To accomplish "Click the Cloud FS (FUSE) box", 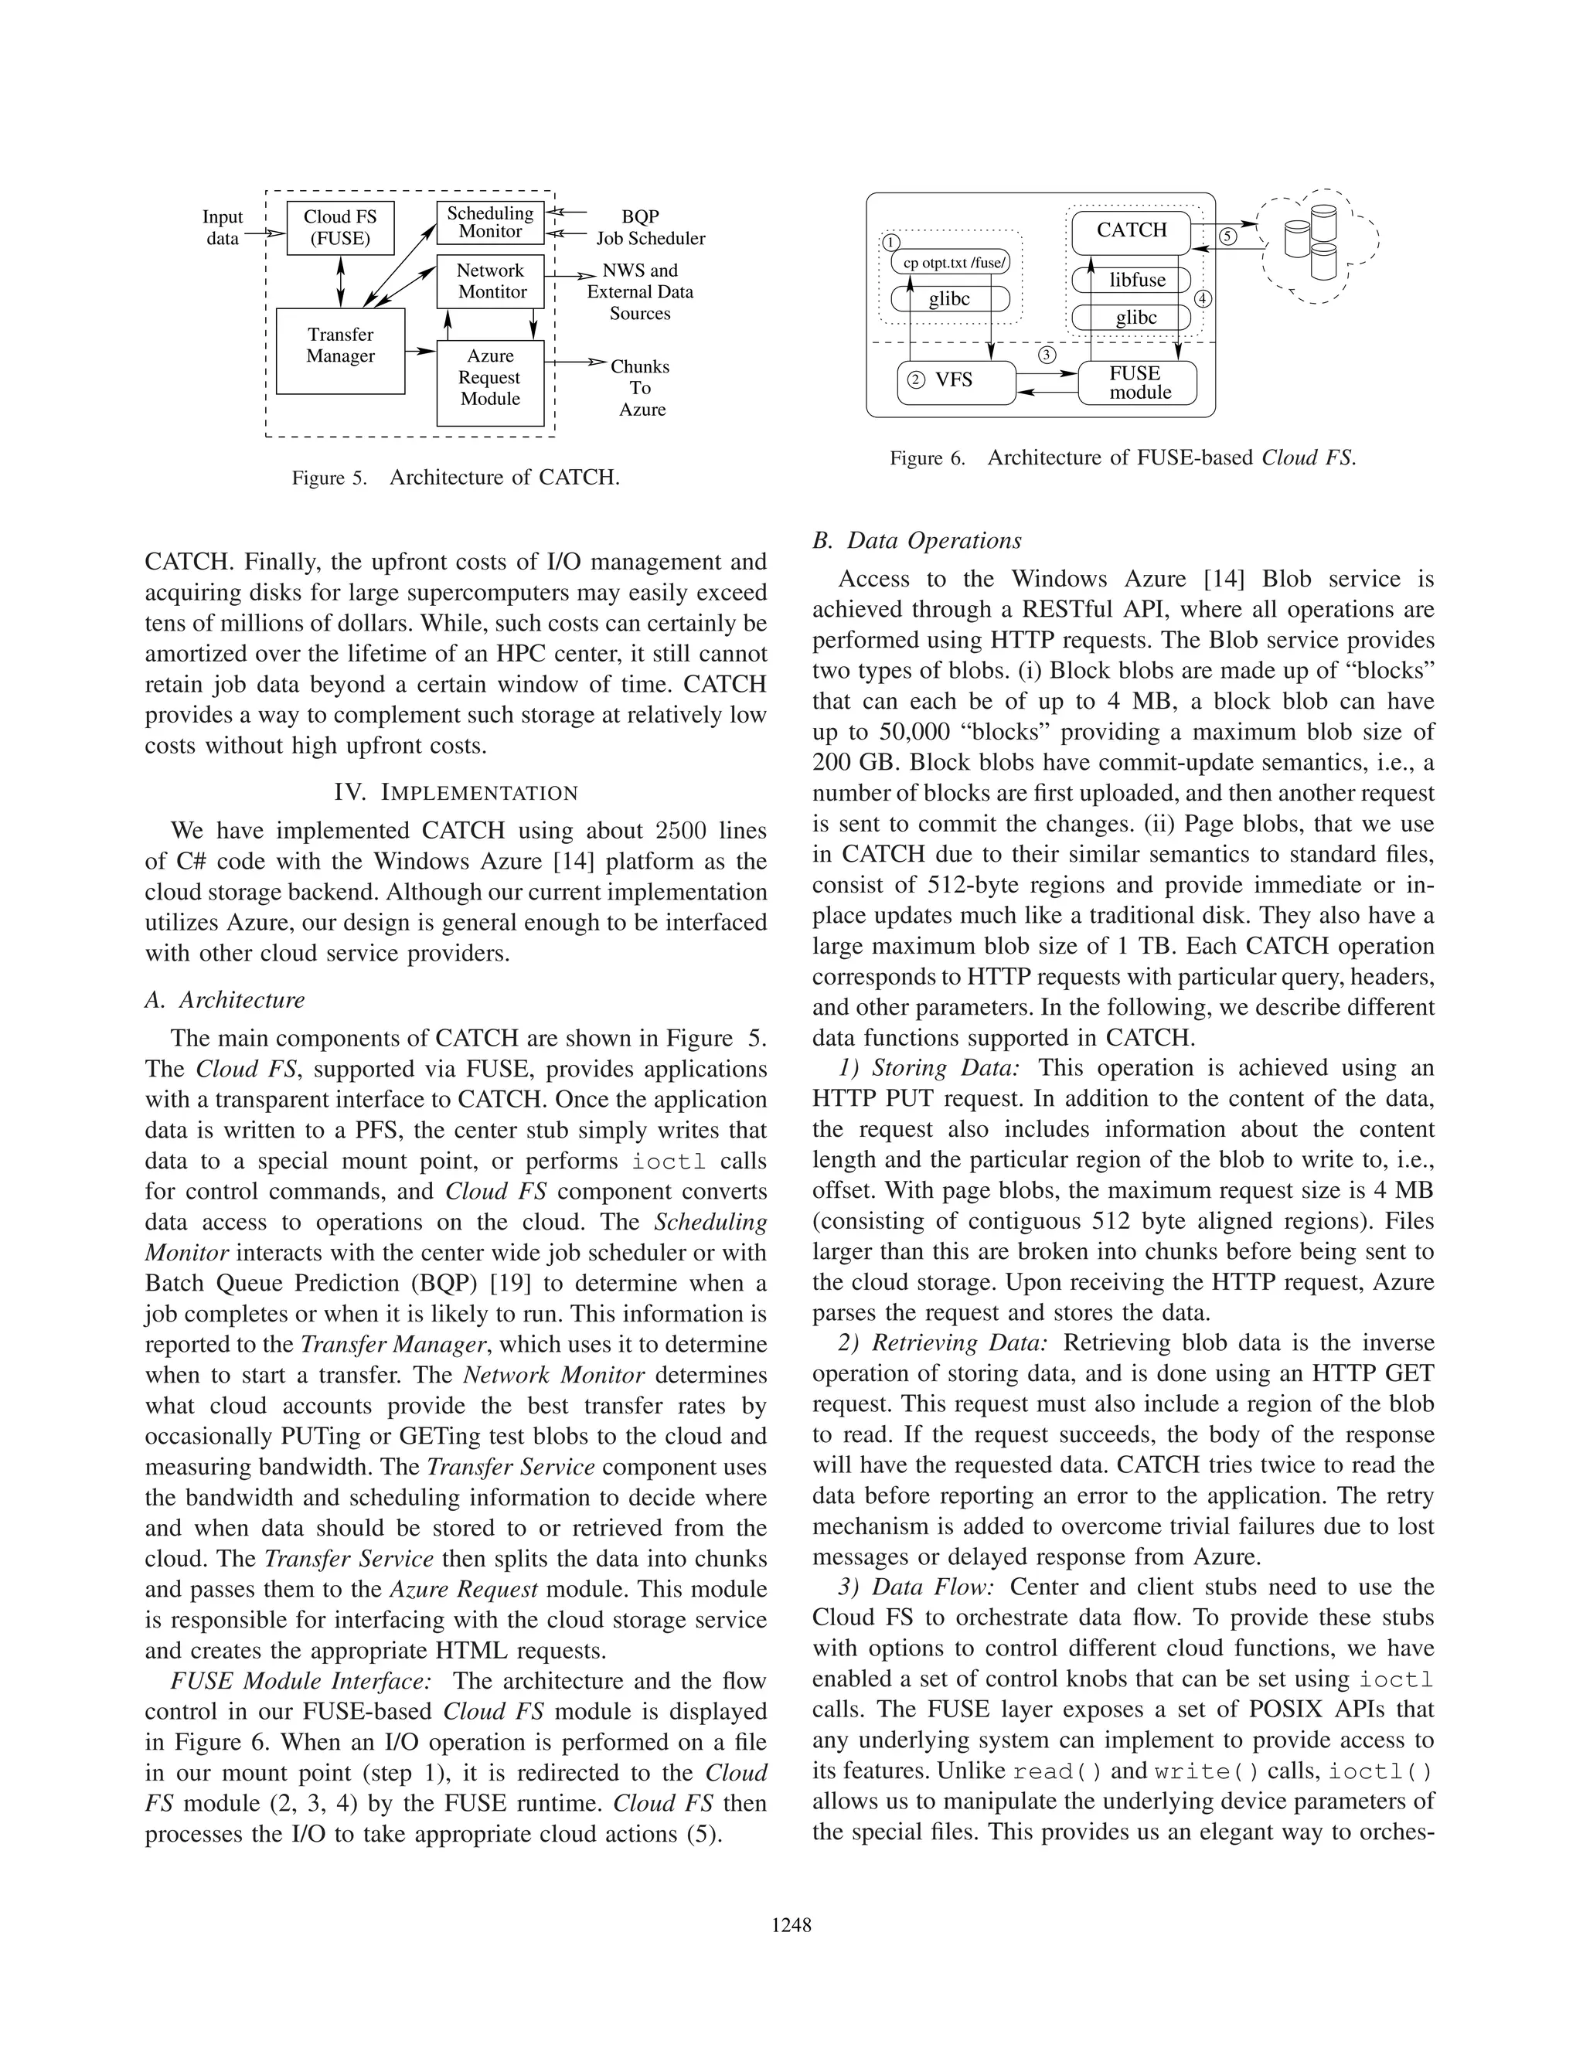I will [339, 228].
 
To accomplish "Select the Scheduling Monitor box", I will [489, 223].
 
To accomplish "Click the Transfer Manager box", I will [339, 351].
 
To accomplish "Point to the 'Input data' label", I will [223, 228].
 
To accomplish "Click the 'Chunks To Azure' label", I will [641, 388].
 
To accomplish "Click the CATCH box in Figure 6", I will [1131, 230].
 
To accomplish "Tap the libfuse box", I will [1136, 281].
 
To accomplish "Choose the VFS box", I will [955, 382].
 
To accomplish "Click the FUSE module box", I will [1139, 383].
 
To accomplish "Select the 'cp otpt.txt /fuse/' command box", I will [953, 264].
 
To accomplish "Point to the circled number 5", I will [1228, 236].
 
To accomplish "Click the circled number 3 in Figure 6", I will [1047, 356].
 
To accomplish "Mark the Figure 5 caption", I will [456, 478].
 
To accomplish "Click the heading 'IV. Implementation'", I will [456, 792].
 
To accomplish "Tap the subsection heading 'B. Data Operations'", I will [916, 541].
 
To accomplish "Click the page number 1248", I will [791, 1926].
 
